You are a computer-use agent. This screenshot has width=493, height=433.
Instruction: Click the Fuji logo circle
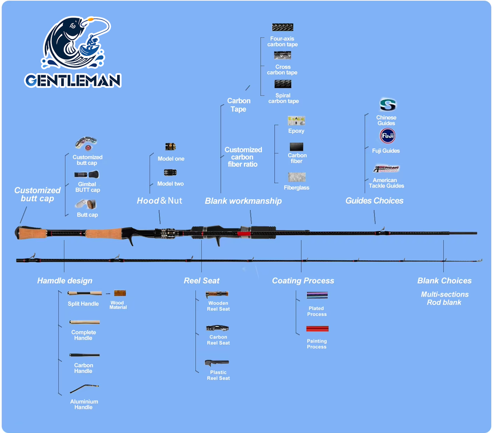coord(387,136)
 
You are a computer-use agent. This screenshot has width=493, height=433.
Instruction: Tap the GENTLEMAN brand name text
coord(73,81)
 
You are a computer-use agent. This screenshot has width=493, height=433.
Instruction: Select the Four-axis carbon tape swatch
coord(282,27)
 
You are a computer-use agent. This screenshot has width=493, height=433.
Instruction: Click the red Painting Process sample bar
coord(317,329)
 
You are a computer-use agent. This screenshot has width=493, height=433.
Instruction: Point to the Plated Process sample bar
coord(317,295)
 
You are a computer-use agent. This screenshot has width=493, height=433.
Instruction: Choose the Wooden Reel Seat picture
coord(217,294)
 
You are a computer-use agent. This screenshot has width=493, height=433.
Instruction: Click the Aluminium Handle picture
coord(84,389)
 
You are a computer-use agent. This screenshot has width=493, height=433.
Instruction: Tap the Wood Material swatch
coord(120,293)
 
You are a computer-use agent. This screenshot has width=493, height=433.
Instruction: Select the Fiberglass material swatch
coord(297,177)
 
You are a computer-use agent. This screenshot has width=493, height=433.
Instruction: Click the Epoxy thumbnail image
coord(296,121)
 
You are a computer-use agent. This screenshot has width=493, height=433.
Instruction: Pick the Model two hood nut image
coord(170,172)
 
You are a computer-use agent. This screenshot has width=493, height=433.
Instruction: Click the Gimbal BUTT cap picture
coord(87,174)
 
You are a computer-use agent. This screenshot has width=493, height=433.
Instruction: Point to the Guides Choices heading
coord(374,201)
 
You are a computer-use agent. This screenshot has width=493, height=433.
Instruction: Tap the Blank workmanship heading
coord(243,201)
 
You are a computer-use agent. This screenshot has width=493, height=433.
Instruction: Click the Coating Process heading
coord(303,281)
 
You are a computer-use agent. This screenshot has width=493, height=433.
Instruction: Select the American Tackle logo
coord(386,169)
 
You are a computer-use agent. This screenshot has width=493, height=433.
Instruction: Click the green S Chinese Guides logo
coord(388,105)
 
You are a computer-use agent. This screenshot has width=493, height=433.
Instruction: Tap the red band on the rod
coord(244,233)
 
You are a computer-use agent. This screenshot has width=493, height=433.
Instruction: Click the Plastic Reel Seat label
coord(218,375)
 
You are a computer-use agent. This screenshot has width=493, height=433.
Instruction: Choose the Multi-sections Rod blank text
coord(445,298)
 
